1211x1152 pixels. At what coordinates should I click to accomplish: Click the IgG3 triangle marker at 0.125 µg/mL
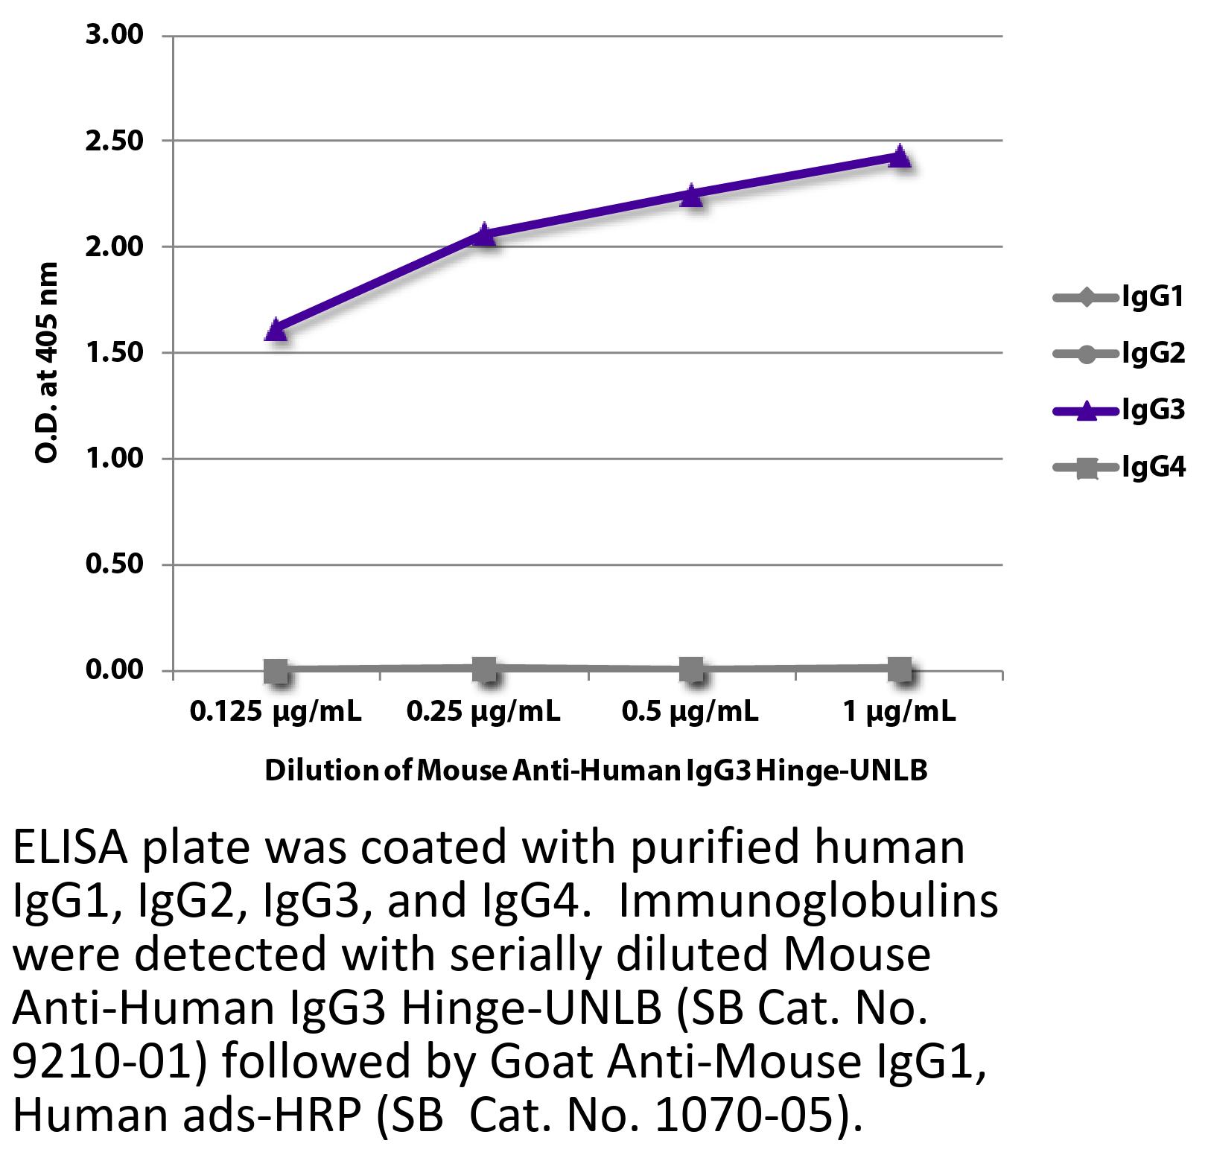(276, 329)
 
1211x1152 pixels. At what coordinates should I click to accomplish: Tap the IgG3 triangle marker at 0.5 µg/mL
(692, 195)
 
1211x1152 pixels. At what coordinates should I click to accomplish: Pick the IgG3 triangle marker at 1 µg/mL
(900, 156)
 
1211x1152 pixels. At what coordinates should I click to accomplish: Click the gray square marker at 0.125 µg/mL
(276, 670)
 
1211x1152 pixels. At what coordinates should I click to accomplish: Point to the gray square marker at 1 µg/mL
(900, 669)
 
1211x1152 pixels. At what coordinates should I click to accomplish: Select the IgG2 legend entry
(1118, 353)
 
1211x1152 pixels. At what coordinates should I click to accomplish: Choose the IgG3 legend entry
(1118, 410)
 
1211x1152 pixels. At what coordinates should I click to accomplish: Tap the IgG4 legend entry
(1118, 468)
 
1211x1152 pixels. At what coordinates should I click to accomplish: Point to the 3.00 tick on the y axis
(114, 35)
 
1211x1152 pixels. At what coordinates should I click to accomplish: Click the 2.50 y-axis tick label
(114, 141)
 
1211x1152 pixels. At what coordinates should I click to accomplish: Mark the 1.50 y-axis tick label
(114, 353)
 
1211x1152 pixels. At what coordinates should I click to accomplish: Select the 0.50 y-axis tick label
(114, 564)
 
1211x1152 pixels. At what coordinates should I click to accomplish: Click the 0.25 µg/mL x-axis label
(483, 713)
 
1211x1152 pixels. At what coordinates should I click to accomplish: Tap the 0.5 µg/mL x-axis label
(690, 713)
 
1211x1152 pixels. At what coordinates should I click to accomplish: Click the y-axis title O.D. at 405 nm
(47, 363)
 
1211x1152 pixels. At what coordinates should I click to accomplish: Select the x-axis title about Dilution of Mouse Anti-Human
(596, 770)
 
